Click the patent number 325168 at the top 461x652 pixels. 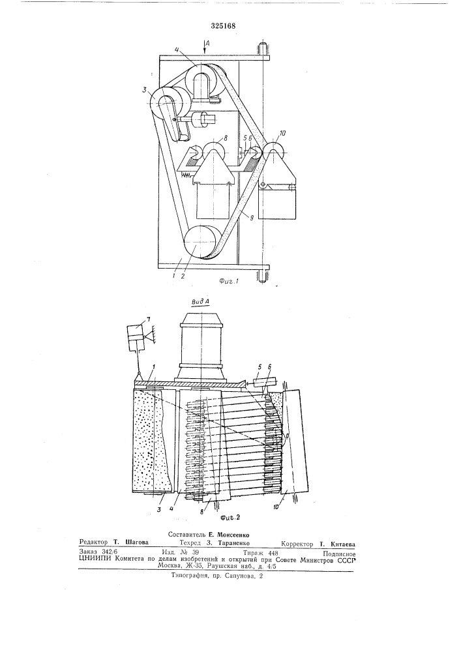click(x=223, y=26)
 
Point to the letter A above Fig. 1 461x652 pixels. click(x=209, y=42)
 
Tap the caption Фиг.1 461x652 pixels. click(x=228, y=281)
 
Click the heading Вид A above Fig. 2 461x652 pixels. click(x=200, y=301)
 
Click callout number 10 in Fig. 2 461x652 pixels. click(x=284, y=507)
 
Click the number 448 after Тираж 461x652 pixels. click(x=273, y=553)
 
